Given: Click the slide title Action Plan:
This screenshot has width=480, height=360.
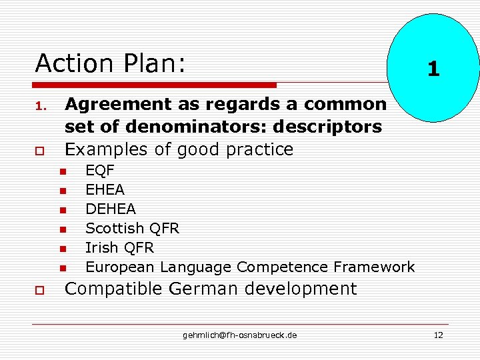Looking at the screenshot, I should tap(110, 64).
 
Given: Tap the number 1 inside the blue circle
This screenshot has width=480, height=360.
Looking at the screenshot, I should tap(433, 69).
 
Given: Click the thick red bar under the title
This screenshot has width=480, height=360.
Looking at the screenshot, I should tap(155, 85).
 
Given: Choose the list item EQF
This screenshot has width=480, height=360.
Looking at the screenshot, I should tap(100, 171).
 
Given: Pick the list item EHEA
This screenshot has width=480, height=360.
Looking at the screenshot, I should tap(105, 190).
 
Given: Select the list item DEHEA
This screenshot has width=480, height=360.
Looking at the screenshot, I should tap(110, 209).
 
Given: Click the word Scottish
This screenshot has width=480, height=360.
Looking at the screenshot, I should tap(115, 229).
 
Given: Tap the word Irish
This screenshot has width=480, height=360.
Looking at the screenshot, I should tap(100, 248).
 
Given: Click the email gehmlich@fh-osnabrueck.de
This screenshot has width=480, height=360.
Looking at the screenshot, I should tap(240, 335).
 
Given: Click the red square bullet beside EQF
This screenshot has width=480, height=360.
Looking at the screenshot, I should tap(63, 172).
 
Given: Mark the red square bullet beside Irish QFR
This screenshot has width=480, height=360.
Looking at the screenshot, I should tap(63, 249).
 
